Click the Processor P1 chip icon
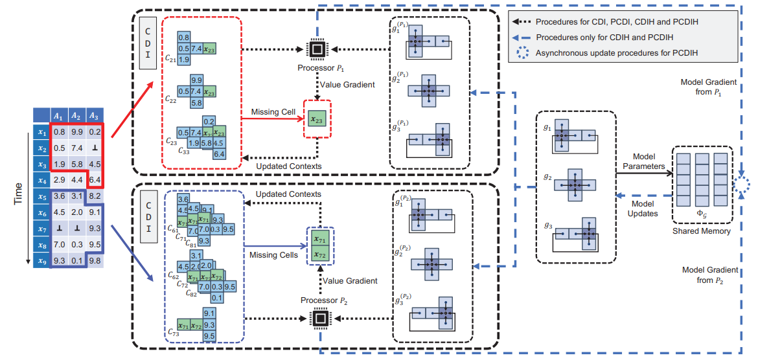[x=317, y=49]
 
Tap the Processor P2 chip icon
[x=319, y=318]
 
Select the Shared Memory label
[x=700, y=231]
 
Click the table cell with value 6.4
[x=94, y=179]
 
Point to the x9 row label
[x=42, y=261]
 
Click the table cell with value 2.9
[x=59, y=179]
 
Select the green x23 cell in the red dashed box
[x=317, y=120]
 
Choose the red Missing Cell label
[x=273, y=112]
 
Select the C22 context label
[x=170, y=100]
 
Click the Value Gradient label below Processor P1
[x=347, y=85]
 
